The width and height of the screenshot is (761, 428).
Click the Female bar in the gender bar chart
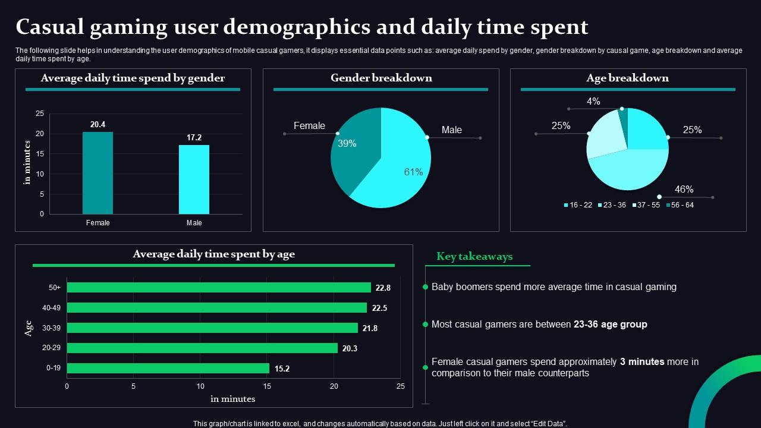click(98, 172)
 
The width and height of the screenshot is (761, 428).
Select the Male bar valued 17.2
click(194, 179)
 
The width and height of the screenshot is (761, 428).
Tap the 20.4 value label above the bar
click(98, 125)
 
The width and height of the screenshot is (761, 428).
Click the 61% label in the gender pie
click(413, 172)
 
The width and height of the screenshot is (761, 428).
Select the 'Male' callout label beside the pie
click(451, 130)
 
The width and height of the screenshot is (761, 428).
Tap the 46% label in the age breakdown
click(684, 190)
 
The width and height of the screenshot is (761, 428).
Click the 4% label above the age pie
click(593, 102)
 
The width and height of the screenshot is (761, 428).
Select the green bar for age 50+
click(219, 288)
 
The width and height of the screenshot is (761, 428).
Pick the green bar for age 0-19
click(168, 369)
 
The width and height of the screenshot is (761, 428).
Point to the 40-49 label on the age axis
click(51, 308)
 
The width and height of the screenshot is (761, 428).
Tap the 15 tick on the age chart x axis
click(267, 386)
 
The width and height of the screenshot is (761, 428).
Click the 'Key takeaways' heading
click(474, 257)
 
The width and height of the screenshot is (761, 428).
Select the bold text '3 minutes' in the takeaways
click(641, 362)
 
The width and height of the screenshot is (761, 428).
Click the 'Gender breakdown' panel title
click(381, 78)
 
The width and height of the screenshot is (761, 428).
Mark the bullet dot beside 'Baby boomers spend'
click(425, 287)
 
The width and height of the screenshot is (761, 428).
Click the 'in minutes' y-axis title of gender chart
click(27, 162)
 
